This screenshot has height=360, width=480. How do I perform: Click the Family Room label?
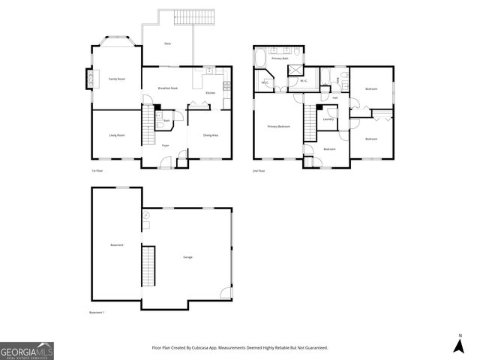tap(116, 79)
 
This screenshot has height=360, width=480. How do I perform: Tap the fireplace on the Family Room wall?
tap(89, 78)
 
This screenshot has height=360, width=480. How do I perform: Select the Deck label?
tap(167, 43)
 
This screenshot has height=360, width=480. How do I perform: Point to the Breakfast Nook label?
tap(167, 88)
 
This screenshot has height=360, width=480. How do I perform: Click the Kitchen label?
tap(211, 93)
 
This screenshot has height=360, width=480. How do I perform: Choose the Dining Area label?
tap(211, 135)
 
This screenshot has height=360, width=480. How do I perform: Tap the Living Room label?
tap(116, 135)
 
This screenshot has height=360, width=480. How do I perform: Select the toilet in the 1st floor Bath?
tap(159, 118)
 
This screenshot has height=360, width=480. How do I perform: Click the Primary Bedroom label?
tap(279, 127)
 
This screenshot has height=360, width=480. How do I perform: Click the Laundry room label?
tap(328, 119)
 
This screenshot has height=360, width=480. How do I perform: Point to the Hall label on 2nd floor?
tap(334, 97)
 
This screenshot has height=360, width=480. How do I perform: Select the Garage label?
tap(187, 257)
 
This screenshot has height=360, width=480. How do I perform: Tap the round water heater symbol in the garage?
tap(146, 216)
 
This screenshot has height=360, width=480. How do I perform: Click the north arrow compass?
tap(459, 344)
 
